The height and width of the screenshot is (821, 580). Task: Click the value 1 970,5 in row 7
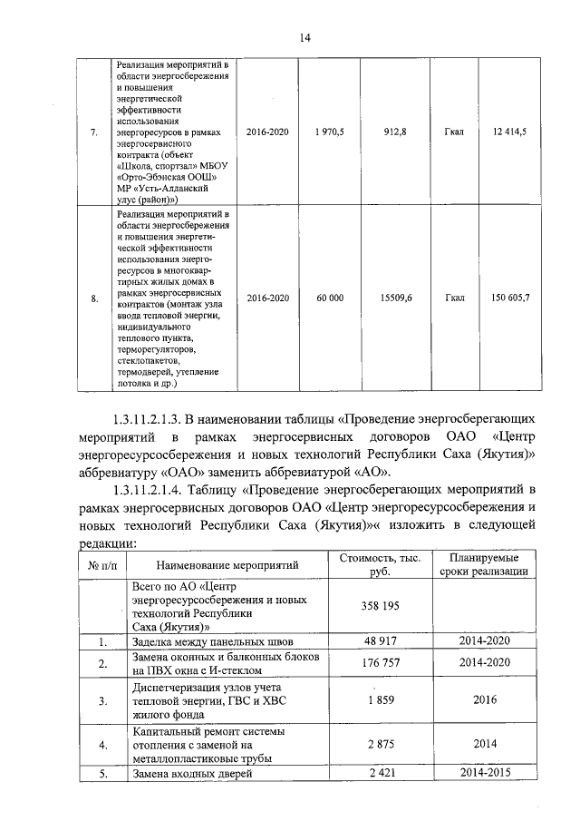tap(329, 132)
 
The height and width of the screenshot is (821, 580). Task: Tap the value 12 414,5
tap(510, 132)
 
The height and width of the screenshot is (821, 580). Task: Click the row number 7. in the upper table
tap(94, 132)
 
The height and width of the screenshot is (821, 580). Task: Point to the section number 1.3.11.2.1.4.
tap(150, 489)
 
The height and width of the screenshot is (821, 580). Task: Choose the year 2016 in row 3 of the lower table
tap(486, 700)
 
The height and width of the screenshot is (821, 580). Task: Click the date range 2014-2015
tap(486, 774)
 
